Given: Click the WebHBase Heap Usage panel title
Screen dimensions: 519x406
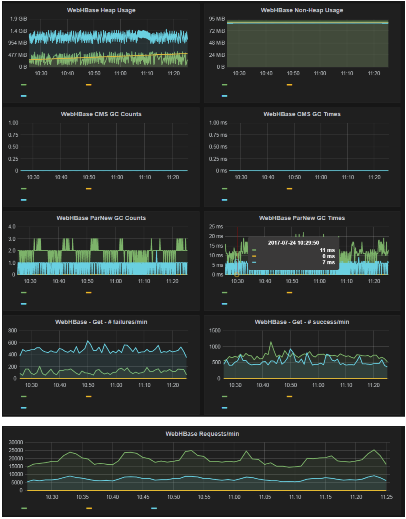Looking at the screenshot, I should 101,10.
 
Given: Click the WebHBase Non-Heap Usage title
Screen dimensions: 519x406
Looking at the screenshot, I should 302,10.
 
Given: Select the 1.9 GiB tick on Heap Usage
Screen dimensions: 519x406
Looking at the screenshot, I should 18,19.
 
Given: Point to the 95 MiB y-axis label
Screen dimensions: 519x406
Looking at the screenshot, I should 217,19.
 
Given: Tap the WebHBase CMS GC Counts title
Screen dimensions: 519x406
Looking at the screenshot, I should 101,114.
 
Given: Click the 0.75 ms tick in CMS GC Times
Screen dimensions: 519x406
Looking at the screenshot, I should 218,135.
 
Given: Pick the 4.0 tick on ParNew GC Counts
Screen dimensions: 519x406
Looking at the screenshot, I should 12,227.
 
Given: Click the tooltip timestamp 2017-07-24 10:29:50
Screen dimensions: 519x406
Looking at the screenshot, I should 293,243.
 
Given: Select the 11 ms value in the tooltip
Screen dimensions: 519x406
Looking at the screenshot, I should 327,250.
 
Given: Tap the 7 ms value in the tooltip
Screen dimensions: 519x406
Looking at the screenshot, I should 328,262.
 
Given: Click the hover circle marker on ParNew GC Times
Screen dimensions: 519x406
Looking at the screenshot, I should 237,275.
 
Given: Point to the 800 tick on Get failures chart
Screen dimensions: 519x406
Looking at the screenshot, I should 12,331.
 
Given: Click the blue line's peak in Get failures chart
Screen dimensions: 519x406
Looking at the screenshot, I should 88,341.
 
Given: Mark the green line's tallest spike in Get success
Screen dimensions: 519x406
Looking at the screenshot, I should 271,342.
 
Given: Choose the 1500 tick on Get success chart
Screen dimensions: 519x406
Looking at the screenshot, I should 215,331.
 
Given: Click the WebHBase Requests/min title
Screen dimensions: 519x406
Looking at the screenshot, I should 202,434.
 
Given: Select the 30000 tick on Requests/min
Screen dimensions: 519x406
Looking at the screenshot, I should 16,443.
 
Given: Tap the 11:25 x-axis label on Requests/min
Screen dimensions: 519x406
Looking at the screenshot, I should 386,497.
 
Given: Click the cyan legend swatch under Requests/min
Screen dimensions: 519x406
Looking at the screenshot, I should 154,508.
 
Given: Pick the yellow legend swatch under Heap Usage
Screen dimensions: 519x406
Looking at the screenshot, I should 89,85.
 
